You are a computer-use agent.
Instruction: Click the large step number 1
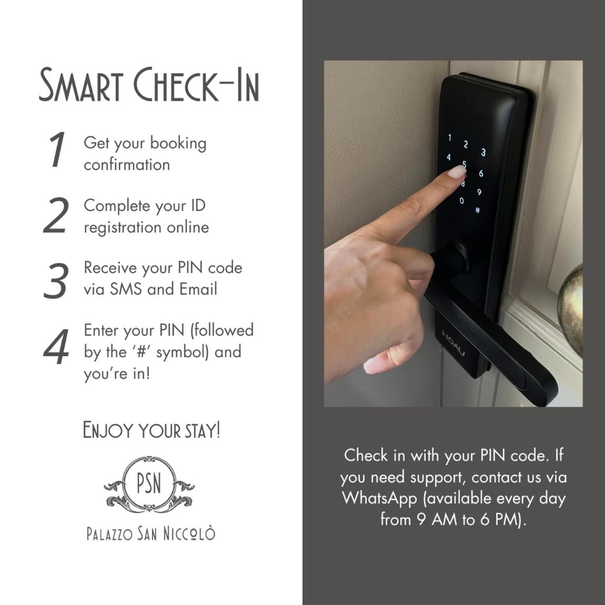pyautogui.click(x=57, y=150)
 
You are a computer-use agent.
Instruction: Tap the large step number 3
pyautogui.click(x=56, y=280)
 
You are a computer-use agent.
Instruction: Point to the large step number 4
pyautogui.click(x=56, y=347)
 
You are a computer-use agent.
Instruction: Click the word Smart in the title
pyautogui.click(x=81, y=85)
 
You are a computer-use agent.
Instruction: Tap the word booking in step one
pyautogui.click(x=178, y=144)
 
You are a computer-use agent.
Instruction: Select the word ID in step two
pyautogui.click(x=198, y=206)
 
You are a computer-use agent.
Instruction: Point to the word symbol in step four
pyautogui.click(x=181, y=352)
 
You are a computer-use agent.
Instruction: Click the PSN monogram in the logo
pyautogui.click(x=149, y=483)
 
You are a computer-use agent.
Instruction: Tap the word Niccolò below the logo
pyautogui.click(x=189, y=533)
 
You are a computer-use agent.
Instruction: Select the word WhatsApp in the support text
pyautogui.click(x=379, y=499)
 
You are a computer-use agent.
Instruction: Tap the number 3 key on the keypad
pyautogui.click(x=483, y=153)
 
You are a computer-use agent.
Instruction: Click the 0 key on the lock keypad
pyautogui.click(x=461, y=200)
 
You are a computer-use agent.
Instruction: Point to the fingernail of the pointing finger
pyautogui.click(x=457, y=172)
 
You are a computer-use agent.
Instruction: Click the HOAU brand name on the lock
pyautogui.click(x=453, y=343)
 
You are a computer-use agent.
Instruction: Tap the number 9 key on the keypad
pyautogui.click(x=479, y=192)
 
